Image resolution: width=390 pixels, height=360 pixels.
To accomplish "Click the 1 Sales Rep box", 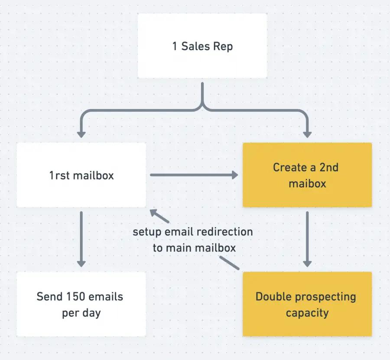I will [x=202, y=46].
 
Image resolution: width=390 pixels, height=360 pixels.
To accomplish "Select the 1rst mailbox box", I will [x=81, y=175].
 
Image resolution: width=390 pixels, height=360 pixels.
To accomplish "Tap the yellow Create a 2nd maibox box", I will [x=307, y=175].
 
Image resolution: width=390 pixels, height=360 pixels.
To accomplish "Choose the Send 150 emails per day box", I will [x=81, y=305].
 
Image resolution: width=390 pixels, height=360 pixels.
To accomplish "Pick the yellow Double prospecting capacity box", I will [x=307, y=304].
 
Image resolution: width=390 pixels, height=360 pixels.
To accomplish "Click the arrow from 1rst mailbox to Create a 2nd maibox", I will [x=194, y=175].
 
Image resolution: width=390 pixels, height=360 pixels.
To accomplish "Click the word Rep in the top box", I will [x=223, y=46].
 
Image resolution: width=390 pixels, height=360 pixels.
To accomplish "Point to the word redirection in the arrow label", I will [x=224, y=232].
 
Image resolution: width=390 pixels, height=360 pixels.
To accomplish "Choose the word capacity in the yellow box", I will [x=307, y=312].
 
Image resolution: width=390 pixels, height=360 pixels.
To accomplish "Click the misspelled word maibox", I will [x=307, y=183].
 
